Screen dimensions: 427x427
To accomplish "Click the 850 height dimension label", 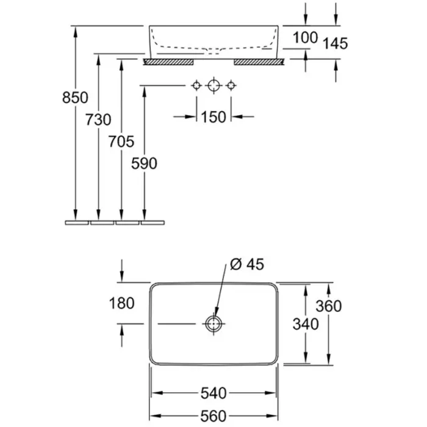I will [76, 98].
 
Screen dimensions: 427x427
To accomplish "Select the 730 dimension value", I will [98, 120].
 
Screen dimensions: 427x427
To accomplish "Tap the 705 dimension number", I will [121, 142].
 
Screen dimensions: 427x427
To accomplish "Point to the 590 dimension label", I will [145, 163].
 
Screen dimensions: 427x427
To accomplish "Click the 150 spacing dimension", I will [213, 116].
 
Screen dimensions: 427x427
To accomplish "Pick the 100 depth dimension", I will [305, 37].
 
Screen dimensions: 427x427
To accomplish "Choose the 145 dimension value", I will [335, 43].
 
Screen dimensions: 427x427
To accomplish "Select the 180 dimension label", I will [123, 303].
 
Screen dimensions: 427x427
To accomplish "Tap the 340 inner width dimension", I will [306, 324].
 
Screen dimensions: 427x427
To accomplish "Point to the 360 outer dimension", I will [329, 306].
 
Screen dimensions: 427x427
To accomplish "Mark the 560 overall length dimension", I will [213, 416].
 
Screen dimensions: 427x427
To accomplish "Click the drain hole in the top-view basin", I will [213, 323].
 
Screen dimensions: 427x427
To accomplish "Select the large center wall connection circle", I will [213, 86].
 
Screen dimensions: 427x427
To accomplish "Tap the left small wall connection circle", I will [196, 86].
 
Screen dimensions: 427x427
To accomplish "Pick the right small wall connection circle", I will [230, 86].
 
